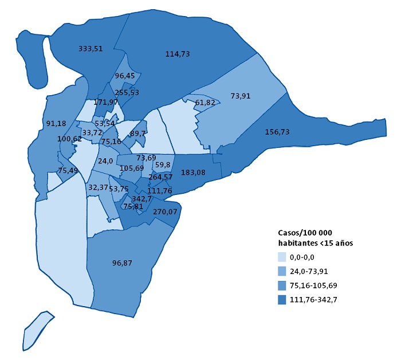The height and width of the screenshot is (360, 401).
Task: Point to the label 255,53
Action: [x=127, y=92]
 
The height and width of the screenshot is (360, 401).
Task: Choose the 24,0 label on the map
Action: [x=105, y=161]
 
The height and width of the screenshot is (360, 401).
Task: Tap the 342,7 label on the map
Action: [x=141, y=198]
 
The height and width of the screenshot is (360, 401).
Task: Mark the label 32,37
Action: [x=98, y=187]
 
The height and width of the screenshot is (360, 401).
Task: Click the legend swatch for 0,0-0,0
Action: [x=282, y=258]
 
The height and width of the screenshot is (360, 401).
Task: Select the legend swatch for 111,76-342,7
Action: [x=282, y=300]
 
